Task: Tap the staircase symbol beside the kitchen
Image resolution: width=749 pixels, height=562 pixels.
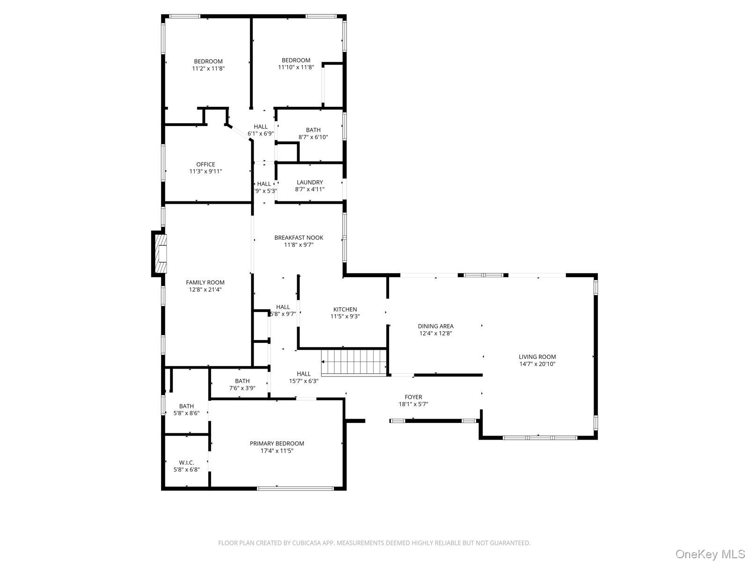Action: click(355, 362)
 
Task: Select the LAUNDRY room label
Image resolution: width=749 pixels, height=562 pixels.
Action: click(309, 182)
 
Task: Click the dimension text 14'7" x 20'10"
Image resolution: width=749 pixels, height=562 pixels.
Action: click(537, 364)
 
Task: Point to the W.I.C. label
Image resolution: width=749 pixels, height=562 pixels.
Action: click(186, 462)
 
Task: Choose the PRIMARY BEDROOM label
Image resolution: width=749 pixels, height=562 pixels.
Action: click(277, 444)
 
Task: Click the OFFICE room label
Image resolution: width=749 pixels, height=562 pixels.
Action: click(206, 164)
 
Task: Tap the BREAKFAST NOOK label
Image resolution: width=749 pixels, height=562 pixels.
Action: click(299, 237)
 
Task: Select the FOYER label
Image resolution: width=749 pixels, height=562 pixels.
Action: click(413, 397)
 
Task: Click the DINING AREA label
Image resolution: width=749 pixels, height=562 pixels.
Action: click(435, 326)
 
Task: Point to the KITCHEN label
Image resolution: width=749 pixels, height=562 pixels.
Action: click(345, 309)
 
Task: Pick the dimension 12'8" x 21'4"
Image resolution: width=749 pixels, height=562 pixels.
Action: click(205, 289)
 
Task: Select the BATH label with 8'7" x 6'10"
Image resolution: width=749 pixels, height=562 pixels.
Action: click(313, 130)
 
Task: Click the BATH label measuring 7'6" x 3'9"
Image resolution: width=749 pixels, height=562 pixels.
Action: click(242, 381)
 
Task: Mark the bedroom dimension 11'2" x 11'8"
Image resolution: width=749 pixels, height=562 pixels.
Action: click(208, 68)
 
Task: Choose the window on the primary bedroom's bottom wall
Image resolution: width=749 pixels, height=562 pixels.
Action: click(295, 488)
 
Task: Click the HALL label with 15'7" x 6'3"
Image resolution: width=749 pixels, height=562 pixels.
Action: click(303, 374)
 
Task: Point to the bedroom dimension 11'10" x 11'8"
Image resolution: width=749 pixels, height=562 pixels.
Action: click(296, 67)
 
